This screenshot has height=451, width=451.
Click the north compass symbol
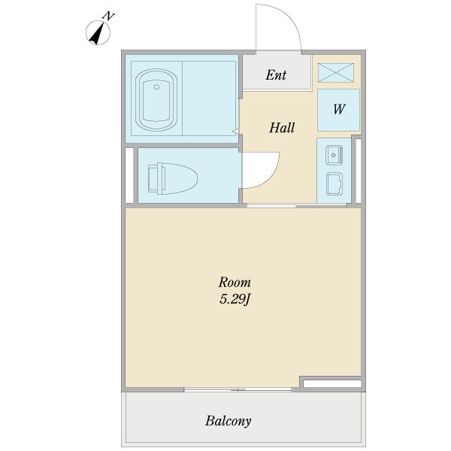98,33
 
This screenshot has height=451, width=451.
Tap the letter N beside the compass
108,16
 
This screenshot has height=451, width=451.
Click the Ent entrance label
276,75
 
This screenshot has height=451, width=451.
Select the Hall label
282,128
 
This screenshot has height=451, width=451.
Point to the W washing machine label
339,109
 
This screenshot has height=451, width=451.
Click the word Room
235,282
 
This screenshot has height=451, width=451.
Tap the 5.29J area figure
235,299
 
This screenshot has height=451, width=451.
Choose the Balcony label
228,421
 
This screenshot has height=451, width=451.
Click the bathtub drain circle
156,87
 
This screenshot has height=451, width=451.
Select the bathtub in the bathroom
156,99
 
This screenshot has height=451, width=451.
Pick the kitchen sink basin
334,155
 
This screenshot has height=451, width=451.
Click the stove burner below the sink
334,183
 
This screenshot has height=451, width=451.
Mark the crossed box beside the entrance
336,73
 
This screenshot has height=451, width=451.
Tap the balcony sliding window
238,389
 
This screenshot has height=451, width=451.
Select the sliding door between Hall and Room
297,205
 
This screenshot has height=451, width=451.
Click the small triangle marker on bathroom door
235,132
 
